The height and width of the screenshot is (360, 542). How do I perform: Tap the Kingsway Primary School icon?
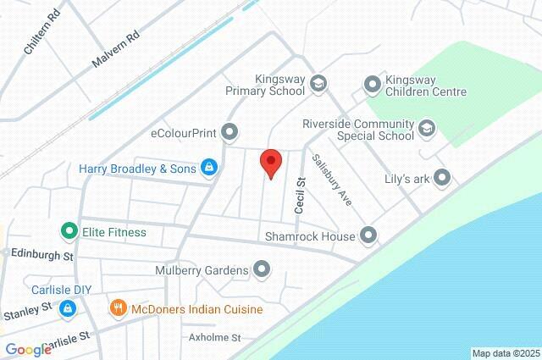[x=318, y=83]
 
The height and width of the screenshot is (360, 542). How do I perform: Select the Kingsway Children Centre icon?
[x=371, y=83]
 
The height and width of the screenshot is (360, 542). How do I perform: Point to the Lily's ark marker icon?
[x=441, y=178]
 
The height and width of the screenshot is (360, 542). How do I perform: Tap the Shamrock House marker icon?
[x=368, y=235]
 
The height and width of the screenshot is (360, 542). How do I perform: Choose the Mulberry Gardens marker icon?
[x=262, y=270]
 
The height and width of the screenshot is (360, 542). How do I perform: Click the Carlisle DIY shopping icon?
[x=66, y=310]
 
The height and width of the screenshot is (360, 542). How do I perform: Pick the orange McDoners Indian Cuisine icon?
[x=119, y=309]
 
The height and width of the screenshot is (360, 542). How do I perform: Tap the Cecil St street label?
[x=299, y=195]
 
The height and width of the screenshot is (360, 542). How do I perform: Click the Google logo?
[x=28, y=350]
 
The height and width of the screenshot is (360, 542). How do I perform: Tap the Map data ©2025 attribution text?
[x=505, y=353]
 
